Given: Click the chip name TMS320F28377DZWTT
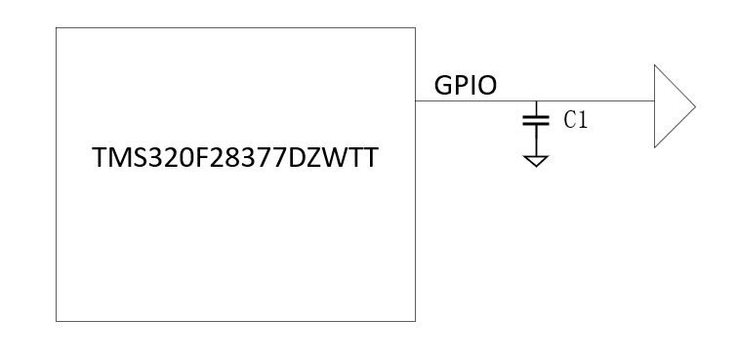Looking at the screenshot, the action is pyautogui.click(x=235, y=157).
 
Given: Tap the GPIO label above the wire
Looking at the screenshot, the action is pyautogui.click(x=465, y=86).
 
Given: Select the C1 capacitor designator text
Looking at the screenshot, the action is pyautogui.click(x=576, y=120).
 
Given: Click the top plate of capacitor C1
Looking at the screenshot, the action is pyautogui.click(x=536, y=117).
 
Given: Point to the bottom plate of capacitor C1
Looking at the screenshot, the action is pyautogui.click(x=536, y=124).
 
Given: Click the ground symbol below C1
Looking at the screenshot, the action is pyautogui.click(x=536, y=161).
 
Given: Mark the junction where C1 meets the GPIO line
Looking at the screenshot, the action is pyautogui.click(x=536, y=100).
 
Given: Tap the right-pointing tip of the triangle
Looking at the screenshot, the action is pyautogui.click(x=695, y=106).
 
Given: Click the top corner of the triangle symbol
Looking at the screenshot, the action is pyautogui.click(x=655, y=65).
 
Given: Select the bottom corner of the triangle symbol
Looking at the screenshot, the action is pyautogui.click(x=655, y=147).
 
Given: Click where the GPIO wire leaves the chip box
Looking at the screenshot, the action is pyautogui.click(x=415, y=100).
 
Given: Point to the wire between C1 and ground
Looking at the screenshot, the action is pyautogui.click(x=536, y=140).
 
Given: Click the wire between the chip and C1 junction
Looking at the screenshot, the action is pyautogui.click(x=475, y=100).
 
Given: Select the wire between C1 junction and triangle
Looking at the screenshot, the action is pyautogui.click(x=595, y=100).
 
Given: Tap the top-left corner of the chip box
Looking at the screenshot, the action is pyautogui.click(x=56, y=27).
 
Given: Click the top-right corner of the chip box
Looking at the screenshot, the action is pyautogui.click(x=415, y=27).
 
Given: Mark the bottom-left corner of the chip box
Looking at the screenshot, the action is pyautogui.click(x=56, y=321).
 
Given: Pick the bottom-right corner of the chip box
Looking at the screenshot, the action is pyautogui.click(x=415, y=321).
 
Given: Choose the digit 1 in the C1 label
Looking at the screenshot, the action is pyautogui.click(x=583, y=120).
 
